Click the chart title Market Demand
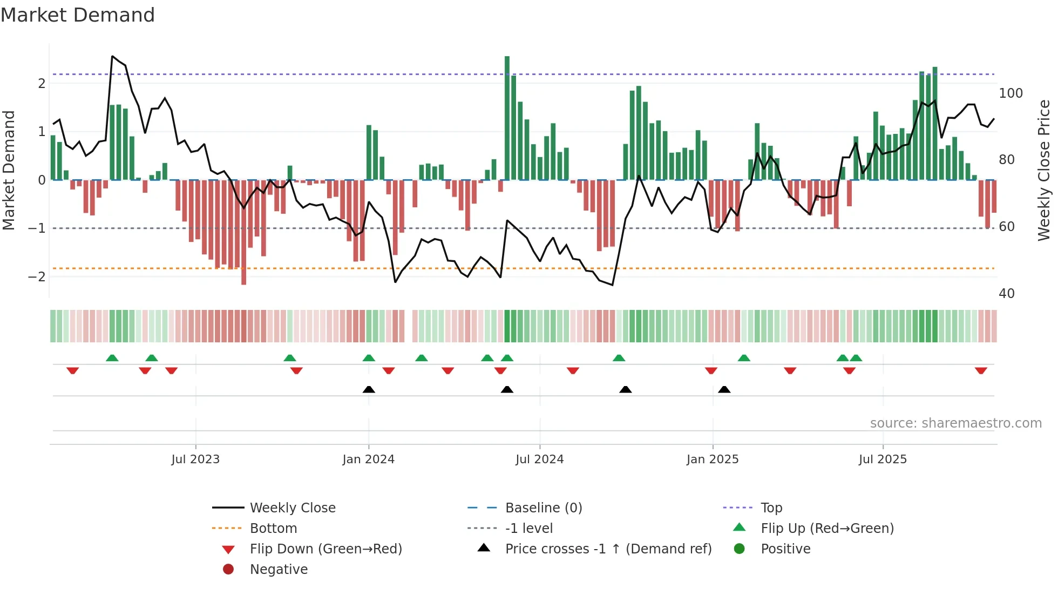[78, 15]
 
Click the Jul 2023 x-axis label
[195, 459]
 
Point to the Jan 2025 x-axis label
[712, 459]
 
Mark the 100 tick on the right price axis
[1010, 93]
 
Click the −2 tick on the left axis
[37, 277]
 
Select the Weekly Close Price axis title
[1044, 170]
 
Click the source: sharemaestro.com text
[955, 423]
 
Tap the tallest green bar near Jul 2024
[507, 119]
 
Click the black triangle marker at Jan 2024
[369, 389]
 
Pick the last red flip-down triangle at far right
[981, 371]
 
